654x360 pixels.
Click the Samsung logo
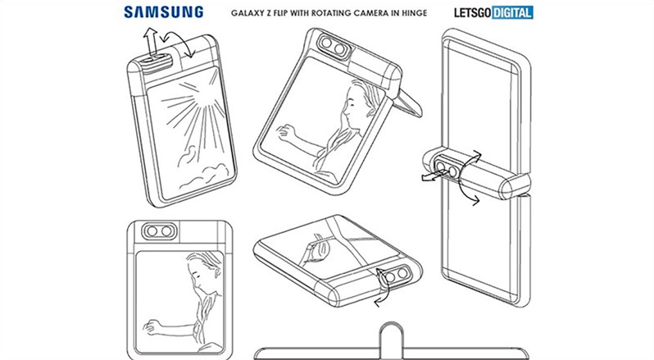[164, 11]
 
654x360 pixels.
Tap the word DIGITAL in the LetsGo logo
[512, 12]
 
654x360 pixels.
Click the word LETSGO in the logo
[473, 12]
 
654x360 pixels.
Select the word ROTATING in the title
[331, 13]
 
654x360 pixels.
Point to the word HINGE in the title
[414, 13]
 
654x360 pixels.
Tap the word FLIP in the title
[279, 13]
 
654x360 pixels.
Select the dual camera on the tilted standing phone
[333, 46]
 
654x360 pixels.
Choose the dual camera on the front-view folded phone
[159, 231]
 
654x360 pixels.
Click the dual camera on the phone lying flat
[396, 276]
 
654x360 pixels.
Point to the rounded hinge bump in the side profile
[390, 334]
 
